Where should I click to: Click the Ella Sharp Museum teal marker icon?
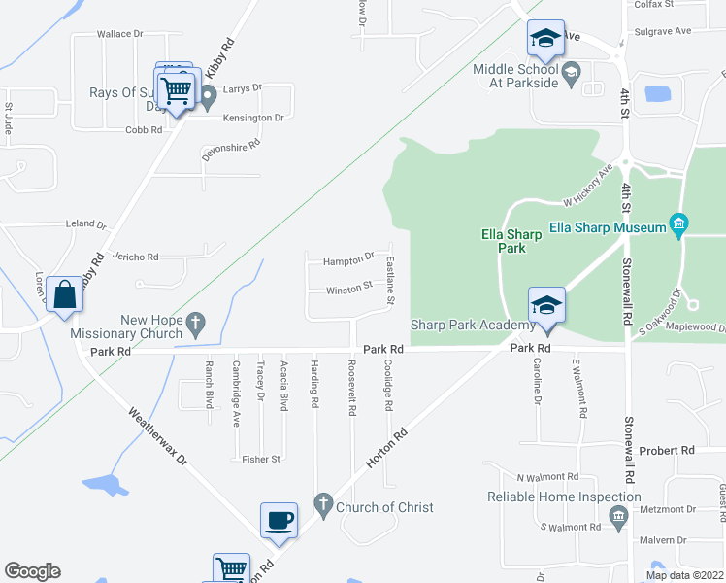678,227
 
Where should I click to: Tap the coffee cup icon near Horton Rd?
280,520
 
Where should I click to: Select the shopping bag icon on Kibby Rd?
64,294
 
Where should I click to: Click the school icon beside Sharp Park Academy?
546,305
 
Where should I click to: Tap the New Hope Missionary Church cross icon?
194,321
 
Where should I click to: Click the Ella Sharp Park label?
511,240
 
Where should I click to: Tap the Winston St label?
349,288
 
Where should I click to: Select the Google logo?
32,571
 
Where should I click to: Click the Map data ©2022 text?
684,575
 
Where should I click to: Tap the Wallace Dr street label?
119,34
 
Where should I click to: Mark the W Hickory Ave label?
588,185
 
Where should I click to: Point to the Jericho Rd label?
135,257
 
